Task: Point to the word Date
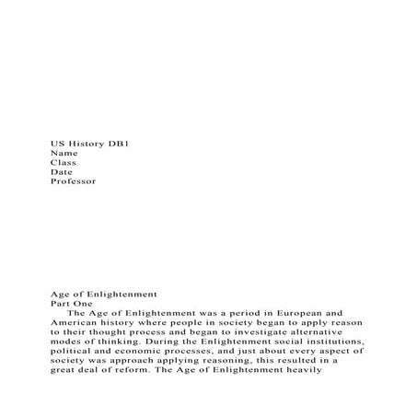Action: [x=62, y=171]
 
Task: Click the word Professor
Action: [x=73, y=181]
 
